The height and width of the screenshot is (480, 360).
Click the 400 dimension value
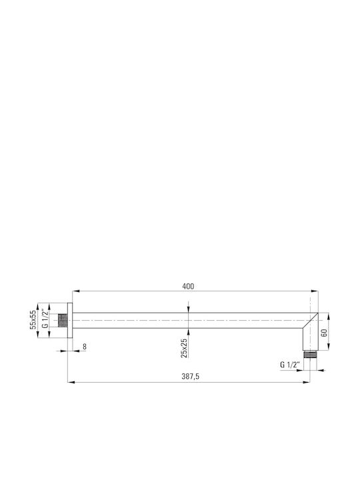coord(188,287)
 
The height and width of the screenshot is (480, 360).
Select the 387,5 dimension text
coord(190,377)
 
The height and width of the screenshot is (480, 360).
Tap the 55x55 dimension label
coord(33,320)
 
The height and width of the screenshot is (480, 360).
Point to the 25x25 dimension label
coord(184,348)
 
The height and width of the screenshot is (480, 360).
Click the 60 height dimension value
coord(325,333)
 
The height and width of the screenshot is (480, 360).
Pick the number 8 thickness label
coord(85,347)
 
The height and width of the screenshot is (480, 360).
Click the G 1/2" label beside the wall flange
coord(45,319)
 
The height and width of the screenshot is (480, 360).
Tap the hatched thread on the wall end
coord(63,321)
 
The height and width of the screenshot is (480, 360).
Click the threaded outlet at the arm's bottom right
coord(310,355)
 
